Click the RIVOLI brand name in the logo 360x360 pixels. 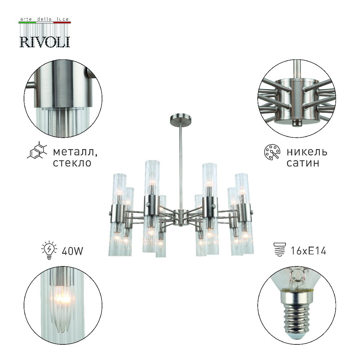[45, 42]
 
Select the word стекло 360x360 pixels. [72, 163]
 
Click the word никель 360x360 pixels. [307, 152]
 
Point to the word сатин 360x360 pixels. [303, 163]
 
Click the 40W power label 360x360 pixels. [72, 250]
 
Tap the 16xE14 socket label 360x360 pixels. [308, 250]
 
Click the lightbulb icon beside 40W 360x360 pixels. [48, 250]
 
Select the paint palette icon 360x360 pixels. [272, 152]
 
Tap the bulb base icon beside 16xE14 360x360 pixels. [279, 250]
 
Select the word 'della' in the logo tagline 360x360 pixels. [44, 19]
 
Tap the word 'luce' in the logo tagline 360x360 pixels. [63, 19]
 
